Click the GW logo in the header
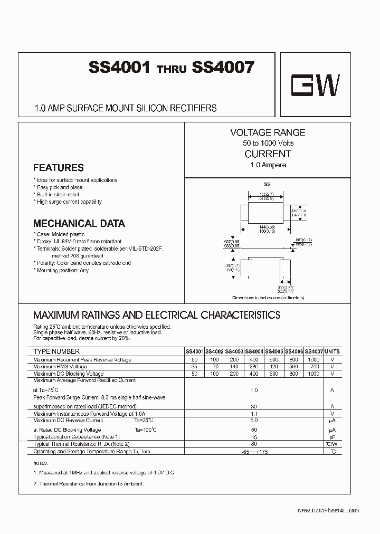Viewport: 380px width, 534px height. tap(317, 84)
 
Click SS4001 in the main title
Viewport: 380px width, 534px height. tap(120, 68)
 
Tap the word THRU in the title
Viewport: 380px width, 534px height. tap(172, 70)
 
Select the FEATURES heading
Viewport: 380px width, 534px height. tap(58, 168)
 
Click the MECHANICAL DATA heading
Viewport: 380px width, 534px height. tap(79, 223)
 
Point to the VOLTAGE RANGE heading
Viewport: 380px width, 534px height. tap(268, 132)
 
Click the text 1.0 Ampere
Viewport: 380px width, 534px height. tap(268, 165)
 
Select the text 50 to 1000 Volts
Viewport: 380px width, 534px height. tap(268, 143)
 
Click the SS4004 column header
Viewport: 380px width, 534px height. tap(254, 351)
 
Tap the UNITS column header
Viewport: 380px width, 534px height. tap(332, 351)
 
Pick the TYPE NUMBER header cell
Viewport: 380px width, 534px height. tap(56, 351)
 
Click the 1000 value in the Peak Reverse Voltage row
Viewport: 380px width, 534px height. tap(313, 359)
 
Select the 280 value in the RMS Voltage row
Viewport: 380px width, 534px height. tap(254, 366)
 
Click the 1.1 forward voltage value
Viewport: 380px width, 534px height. tap(254, 414)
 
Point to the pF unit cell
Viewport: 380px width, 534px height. tap(332, 437)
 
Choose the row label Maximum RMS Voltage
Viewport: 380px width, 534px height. tap(60, 366)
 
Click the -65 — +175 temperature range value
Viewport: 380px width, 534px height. tap(254, 452)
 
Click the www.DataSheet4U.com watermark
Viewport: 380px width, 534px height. tap(328, 510)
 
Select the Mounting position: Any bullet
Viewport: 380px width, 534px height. tap(62, 270)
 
